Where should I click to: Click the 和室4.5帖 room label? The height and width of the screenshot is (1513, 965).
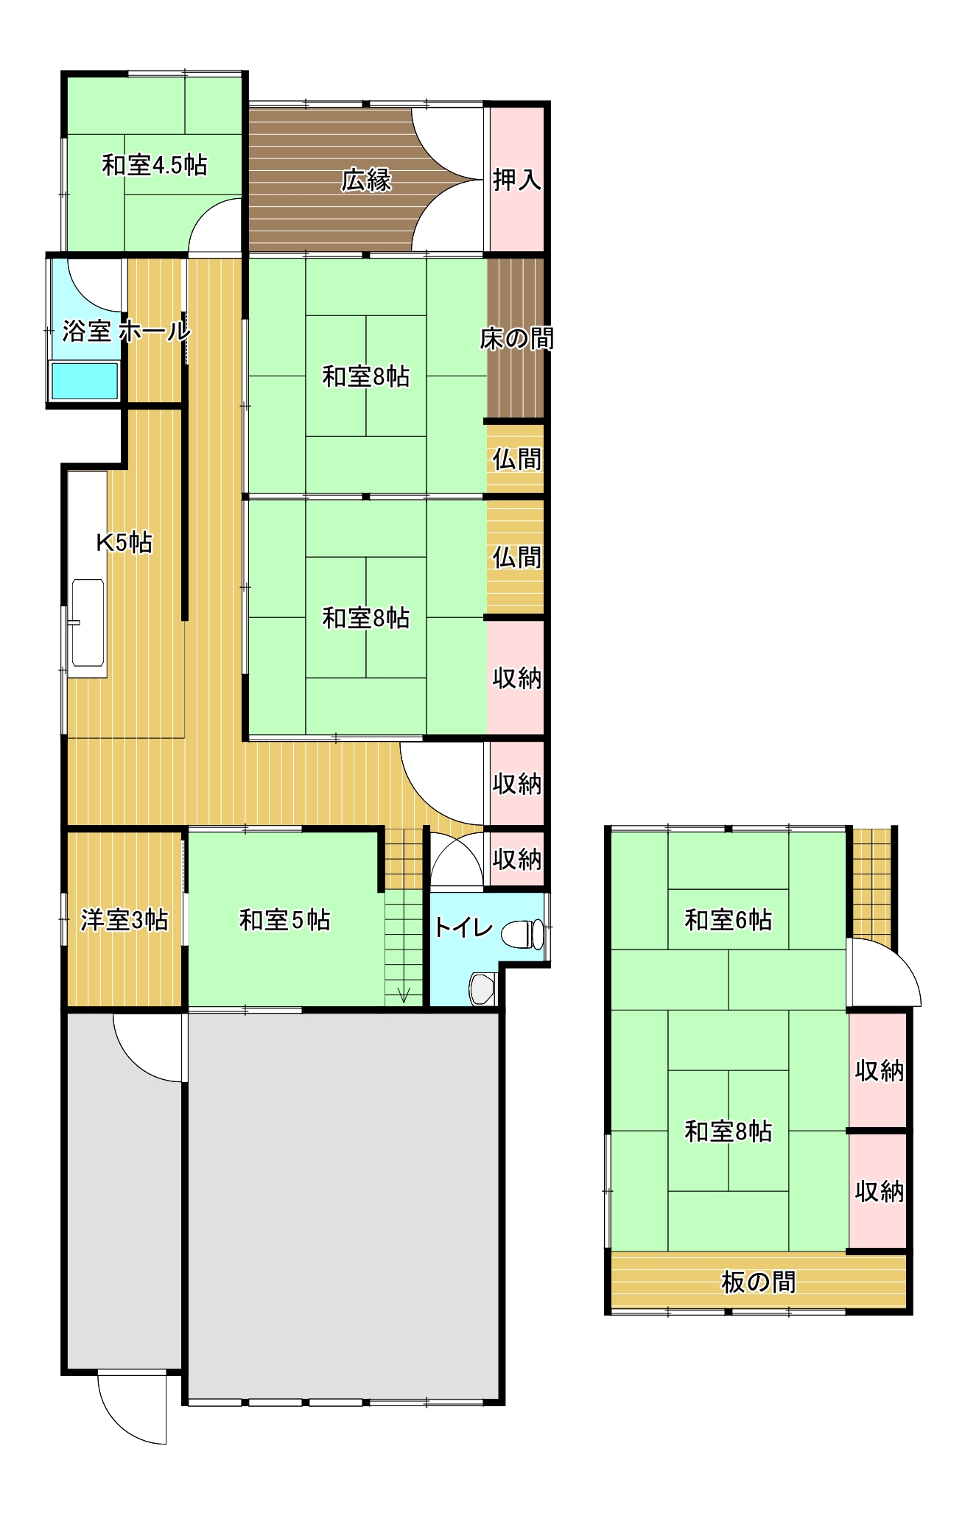coord(154,165)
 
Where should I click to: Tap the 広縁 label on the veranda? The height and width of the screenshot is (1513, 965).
coord(366,180)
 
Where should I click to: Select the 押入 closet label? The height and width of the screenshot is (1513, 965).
coord(516,180)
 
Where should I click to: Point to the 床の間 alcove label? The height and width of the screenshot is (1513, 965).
coord(516,339)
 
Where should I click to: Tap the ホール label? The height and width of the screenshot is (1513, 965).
coord(155,331)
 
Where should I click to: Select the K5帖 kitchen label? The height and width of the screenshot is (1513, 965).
coord(124,543)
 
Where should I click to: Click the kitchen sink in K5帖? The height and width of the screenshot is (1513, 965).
coord(88,623)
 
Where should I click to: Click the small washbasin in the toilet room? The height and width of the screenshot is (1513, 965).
coord(482,989)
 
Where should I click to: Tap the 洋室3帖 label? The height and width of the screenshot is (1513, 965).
coord(124,920)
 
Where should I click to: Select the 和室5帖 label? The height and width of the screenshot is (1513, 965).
coord(284,920)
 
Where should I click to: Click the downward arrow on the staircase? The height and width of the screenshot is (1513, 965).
coord(404,994)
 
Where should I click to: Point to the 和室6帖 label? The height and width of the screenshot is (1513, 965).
coord(728,920)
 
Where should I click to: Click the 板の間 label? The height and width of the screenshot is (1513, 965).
coord(758,1282)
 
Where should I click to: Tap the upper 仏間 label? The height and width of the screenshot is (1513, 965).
coord(516,460)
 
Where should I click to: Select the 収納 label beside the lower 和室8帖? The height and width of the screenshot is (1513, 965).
coord(516,678)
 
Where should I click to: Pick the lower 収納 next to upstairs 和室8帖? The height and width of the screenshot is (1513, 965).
coord(879,1191)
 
